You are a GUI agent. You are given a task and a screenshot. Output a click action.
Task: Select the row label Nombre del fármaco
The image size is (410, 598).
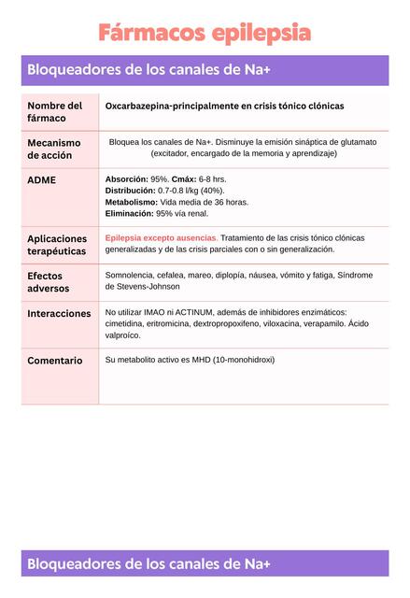54,112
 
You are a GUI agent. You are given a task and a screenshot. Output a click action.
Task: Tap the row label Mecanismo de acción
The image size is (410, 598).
53,149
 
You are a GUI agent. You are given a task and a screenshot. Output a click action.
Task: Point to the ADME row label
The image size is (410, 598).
41,179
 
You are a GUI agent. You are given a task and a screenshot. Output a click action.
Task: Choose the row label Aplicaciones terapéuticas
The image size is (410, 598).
57,245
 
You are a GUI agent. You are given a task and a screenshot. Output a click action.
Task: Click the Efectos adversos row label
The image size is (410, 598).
46,282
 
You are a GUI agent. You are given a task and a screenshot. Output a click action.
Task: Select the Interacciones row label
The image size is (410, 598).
59,314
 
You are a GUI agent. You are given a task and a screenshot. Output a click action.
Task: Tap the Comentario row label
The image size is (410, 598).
54,361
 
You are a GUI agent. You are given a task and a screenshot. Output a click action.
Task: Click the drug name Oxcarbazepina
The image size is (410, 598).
139,107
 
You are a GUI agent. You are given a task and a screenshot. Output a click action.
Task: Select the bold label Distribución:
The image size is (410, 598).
131,190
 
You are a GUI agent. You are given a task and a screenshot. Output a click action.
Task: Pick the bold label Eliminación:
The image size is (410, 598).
130,213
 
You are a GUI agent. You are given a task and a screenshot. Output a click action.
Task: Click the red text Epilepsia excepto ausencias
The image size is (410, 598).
161,237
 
